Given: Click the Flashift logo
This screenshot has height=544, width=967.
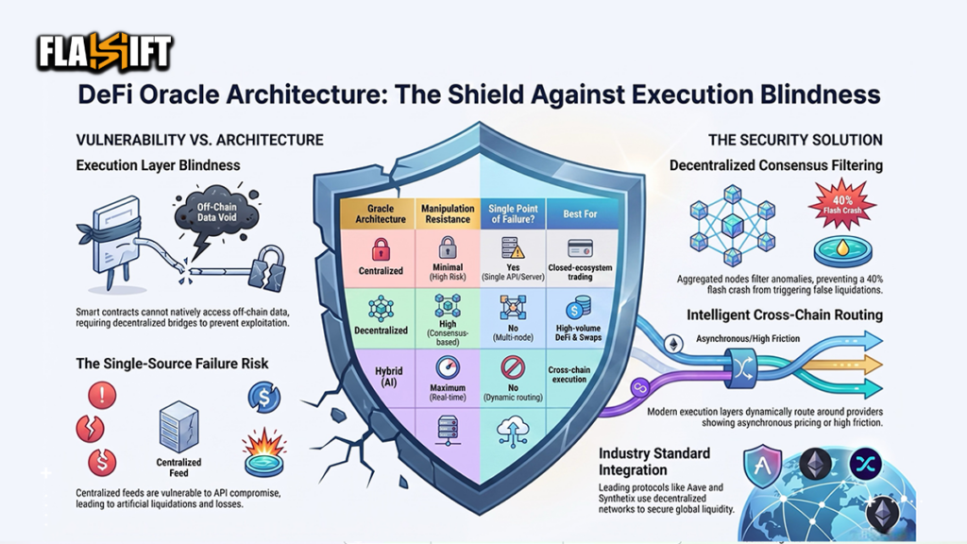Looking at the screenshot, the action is coord(104,52).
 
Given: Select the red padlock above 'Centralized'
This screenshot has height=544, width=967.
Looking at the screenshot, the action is coord(381,249).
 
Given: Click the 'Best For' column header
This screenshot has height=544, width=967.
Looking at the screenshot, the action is coord(580,214).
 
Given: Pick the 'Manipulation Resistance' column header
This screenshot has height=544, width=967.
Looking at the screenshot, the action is coord(448,214).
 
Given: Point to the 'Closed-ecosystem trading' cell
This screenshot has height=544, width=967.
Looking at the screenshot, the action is coord(580,272).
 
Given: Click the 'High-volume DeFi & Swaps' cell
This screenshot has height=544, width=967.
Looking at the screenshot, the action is coord(578,332).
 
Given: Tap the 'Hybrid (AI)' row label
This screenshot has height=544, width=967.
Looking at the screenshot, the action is coord(388,376).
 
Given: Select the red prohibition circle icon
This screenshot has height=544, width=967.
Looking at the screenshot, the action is coord(513,367).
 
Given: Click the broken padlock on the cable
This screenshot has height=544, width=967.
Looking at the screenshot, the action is coord(266,269).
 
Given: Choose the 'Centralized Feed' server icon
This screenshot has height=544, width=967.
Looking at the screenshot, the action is coord(178,426).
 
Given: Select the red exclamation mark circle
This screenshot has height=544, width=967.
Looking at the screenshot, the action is coord(102,396).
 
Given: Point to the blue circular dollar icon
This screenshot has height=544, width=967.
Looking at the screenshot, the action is coord(264,398).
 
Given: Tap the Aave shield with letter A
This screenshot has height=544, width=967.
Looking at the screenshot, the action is coord(762,466).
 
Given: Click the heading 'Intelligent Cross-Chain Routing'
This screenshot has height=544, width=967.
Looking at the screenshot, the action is coord(785,315).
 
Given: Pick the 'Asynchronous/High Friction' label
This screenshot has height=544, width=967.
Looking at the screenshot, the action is coord(748,339).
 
